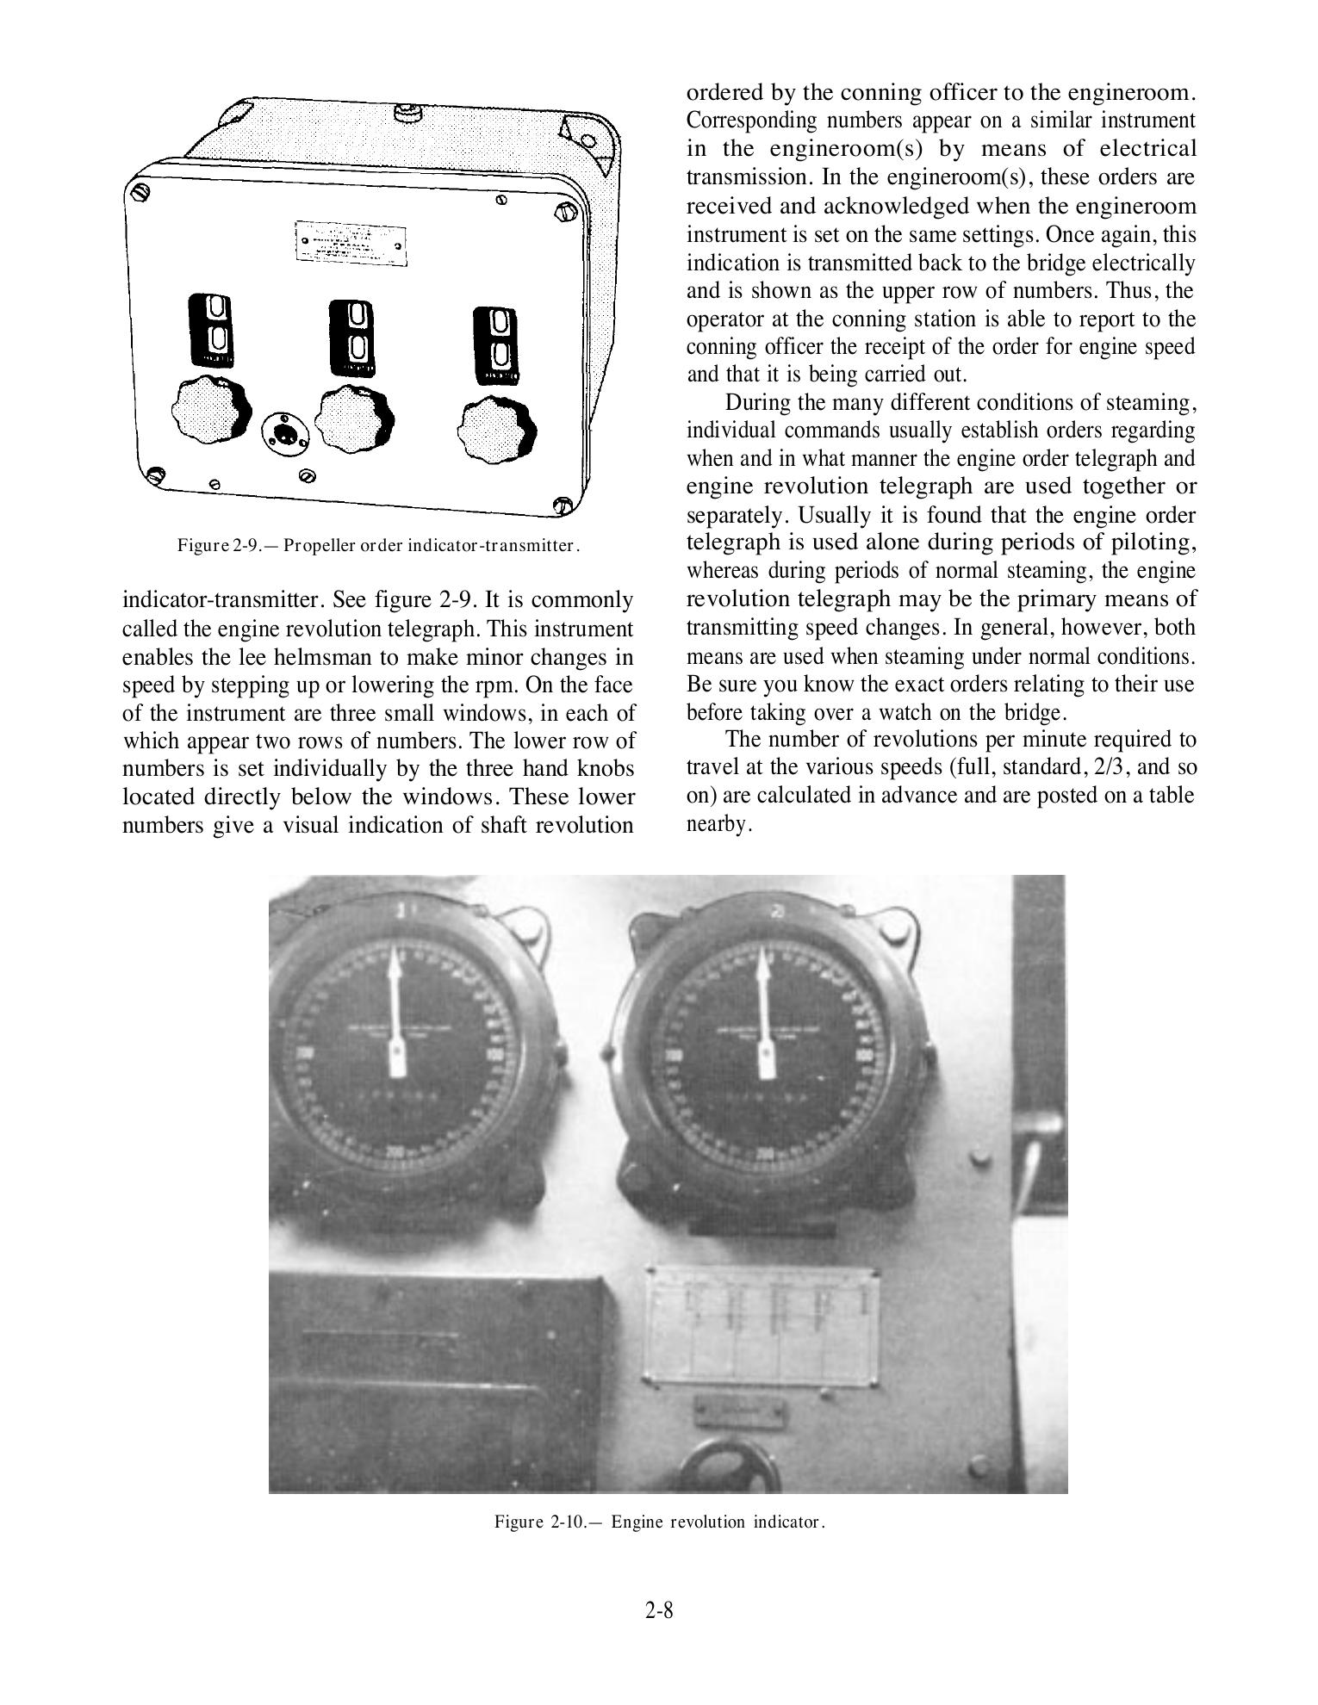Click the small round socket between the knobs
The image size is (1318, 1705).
(x=281, y=429)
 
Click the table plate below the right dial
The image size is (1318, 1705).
(x=763, y=1324)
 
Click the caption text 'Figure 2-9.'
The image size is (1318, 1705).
(x=227, y=545)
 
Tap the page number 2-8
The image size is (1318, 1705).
(x=659, y=1609)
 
